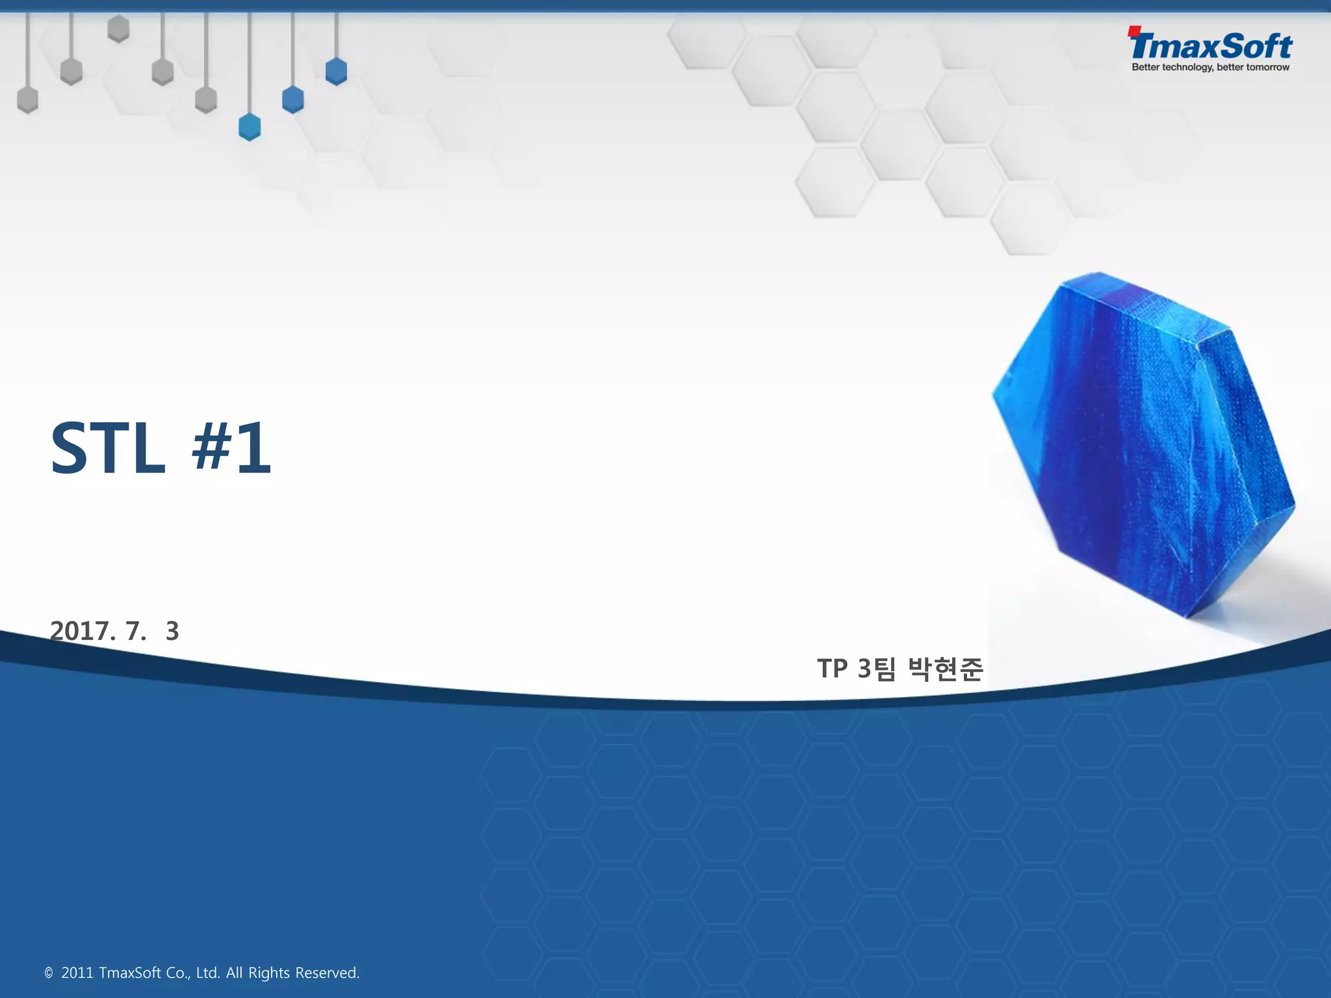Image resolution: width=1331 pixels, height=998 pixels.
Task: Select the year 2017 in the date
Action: (x=82, y=631)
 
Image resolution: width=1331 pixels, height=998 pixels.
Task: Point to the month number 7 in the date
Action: (x=135, y=631)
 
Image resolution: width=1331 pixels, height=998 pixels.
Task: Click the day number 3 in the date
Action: (x=172, y=631)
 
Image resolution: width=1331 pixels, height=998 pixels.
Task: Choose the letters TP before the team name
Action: (x=833, y=669)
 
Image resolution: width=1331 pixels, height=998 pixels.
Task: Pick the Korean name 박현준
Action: (x=946, y=669)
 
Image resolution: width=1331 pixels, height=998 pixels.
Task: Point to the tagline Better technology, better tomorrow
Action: (x=1210, y=68)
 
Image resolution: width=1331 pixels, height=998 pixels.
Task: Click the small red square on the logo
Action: (x=1134, y=30)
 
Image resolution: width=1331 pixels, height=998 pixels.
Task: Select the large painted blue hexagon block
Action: (x=1144, y=442)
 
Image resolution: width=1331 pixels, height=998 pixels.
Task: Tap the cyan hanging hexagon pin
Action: (x=250, y=127)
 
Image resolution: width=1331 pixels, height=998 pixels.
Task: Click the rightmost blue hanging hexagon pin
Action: (x=336, y=71)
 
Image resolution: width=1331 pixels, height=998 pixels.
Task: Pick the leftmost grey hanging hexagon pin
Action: (x=27, y=100)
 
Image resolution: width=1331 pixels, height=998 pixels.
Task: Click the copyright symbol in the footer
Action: (x=49, y=973)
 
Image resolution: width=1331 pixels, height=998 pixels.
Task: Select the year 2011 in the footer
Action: (x=77, y=973)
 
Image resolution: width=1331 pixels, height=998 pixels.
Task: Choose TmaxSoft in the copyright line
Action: (x=130, y=973)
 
